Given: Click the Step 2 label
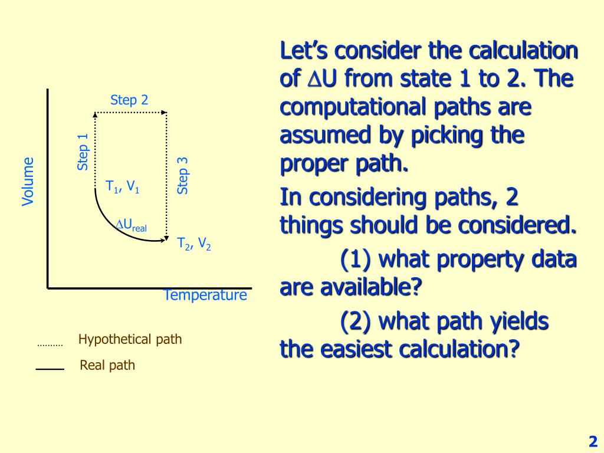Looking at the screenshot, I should coord(129,100).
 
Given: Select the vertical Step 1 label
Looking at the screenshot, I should coord(83,152).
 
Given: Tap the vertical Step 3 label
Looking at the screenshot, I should coord(183,176).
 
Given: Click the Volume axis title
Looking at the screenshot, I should coord(28,182).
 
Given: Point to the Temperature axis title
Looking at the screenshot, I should coord(205,295).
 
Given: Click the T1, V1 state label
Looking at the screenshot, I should coord(122,188).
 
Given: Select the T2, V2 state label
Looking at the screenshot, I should coord(194,244).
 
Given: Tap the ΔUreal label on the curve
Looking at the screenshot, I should coord(130,225).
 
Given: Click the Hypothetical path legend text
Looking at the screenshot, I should coord(130,339).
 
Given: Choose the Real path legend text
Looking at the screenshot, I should coord(107,365).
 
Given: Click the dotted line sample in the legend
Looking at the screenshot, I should coord(50,345).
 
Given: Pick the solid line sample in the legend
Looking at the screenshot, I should coord(50,369).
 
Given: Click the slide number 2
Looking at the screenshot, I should coord(593,441).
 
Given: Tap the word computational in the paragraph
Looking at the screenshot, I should coord(357,107).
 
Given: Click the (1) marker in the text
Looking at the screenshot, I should coord(356,260).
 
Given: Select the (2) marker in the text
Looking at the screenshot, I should coord(356,321).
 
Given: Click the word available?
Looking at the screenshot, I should coord(372,287).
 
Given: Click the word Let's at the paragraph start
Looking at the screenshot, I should coord(304,51).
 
